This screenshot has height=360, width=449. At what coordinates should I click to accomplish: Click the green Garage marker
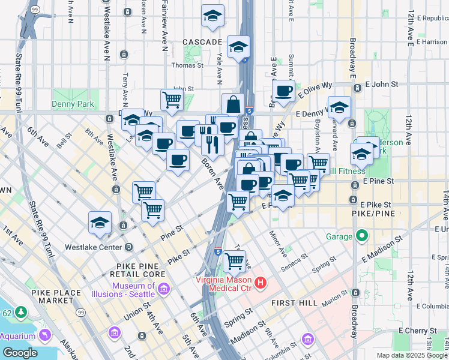pyautogui.click(x=361, y=236)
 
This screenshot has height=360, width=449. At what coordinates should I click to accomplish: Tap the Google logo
pyautogui.click(x=19, y=352)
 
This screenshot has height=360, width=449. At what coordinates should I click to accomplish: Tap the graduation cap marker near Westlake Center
pyautogui.click(x=100, y=222)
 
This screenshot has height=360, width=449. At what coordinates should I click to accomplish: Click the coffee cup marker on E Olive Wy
pyautogui.click(x=283, y=91)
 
